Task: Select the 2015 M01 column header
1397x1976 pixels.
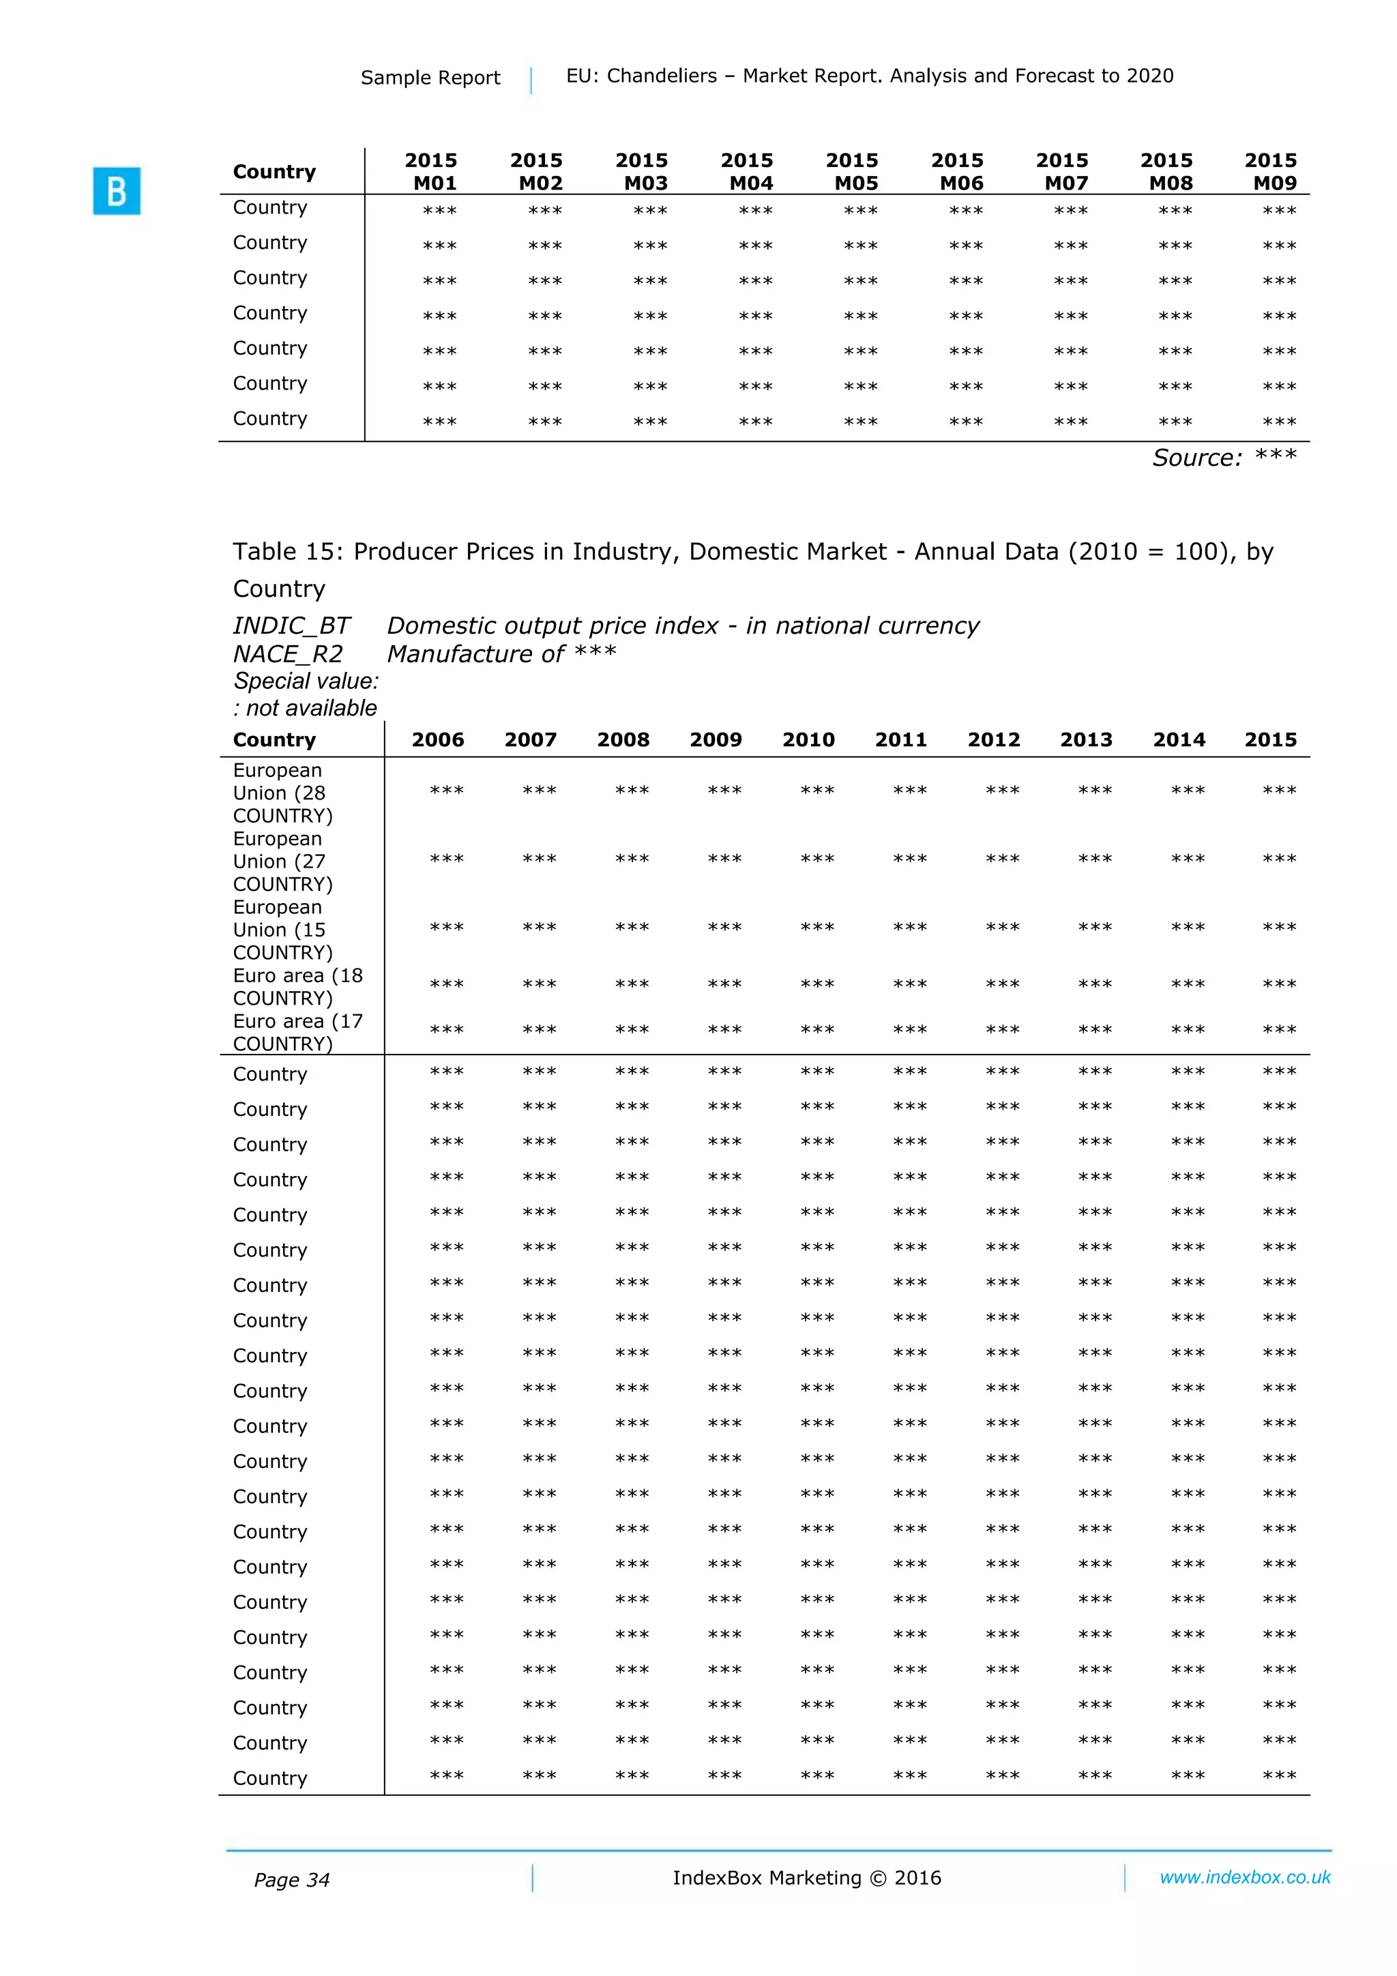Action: [x=431, y=171]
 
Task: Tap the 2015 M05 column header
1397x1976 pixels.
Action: [x=852, y=171]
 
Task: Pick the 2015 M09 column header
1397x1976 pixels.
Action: [x=1271, y=171]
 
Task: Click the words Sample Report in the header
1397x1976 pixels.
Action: [x=430, y=78]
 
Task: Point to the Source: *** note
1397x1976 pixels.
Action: [x=1223, y=457]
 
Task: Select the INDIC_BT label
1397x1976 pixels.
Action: [x=291, y=625]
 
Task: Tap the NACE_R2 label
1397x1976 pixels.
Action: [x=287, y=654]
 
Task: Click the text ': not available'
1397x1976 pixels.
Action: [x=305, y=707]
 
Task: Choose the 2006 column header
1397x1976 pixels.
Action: [x=437, y=739]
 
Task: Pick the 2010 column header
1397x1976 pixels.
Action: [x=808, y=739]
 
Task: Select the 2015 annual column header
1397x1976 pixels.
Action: [x=1271, y=739]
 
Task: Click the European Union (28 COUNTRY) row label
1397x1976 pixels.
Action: [x=282, y=792]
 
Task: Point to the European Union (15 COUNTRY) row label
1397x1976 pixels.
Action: [x=282, y=930]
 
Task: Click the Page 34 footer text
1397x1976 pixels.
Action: [x=291, y=1880]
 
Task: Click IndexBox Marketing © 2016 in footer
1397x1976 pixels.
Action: [x=806, y=1878]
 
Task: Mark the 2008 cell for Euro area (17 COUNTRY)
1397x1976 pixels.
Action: [x=632, y=1030]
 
